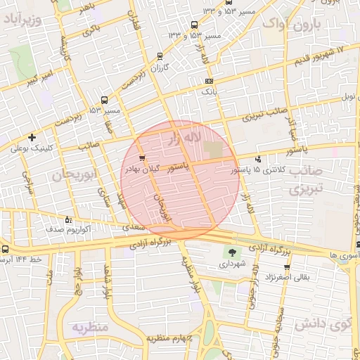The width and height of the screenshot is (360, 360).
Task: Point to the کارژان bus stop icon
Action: tap(160, 56)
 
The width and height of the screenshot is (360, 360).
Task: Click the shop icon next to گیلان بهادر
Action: tap(143, 158)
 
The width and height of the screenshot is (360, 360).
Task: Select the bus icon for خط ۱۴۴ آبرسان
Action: tap(6, 249)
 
